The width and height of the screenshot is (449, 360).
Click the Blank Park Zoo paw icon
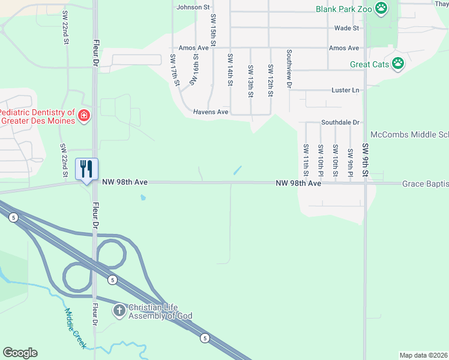[x=381, y=8]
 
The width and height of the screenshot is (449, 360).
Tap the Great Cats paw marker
[x=398, y=63]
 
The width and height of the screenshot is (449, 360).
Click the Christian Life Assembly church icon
[x=119, y=310]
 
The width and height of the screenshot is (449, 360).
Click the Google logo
[x=20, y=353]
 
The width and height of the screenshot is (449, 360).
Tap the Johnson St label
[x=193, y=7]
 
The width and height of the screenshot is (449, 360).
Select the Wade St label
[x=346, y=28]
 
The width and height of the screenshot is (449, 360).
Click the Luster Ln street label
[x=345, y=90]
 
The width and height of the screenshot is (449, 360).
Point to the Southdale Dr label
[x=340, y=122]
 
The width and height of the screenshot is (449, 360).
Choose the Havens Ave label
[x=211, y=112]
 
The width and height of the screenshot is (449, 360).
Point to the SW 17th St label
[x=175, y=70]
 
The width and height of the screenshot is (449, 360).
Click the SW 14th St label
[x=230, y=70]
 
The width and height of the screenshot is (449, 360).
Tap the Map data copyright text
[x=423, y=355]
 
